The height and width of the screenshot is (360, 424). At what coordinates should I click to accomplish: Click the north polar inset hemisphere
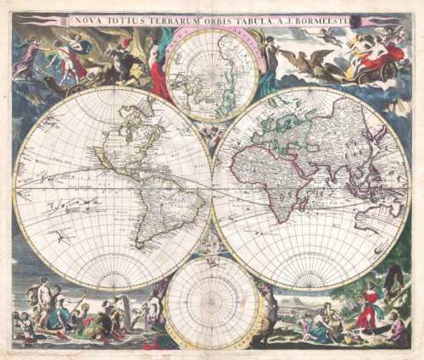click(x=212, y=74)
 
